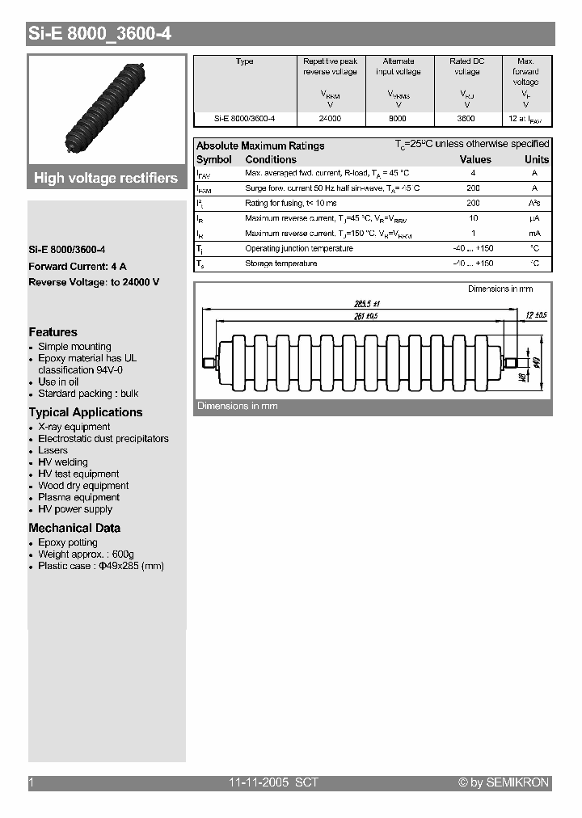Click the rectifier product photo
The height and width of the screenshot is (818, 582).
tap(107, 109)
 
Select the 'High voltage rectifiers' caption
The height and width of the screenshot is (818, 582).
tap(106, 179)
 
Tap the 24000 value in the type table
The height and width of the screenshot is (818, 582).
tap(330, 118)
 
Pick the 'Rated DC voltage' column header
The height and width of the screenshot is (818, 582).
tap(466, 66)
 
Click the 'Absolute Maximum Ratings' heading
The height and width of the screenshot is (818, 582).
tap(260, 145)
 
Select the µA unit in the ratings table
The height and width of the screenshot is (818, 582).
tap(534, 218)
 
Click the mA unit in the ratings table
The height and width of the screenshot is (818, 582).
tap(534, 234)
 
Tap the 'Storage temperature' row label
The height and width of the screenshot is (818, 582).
tap(280, 264)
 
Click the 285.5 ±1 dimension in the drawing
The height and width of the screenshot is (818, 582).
tap(366, 303)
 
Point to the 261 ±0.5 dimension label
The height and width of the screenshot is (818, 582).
tap(366, 316)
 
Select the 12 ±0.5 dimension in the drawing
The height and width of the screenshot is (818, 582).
tap(535, 314)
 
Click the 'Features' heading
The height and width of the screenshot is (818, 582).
tap(53, 332)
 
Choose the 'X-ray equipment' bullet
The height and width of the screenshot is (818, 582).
tap(74, 427)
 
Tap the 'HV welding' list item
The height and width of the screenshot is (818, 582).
tap(63, 462)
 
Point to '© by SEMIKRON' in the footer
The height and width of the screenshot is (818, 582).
tap(504, 782)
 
